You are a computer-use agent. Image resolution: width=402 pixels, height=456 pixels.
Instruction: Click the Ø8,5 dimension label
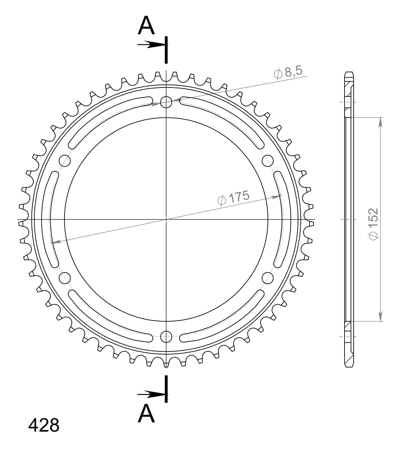(288, 73)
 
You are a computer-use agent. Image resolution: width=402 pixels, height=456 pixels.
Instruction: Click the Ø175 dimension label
(233, 198)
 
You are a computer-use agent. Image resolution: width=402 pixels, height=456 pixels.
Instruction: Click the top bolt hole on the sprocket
(166, 101)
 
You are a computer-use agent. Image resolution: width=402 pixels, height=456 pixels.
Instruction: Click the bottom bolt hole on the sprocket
(166, 336)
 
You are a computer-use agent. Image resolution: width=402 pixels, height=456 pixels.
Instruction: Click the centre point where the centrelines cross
(166, 219)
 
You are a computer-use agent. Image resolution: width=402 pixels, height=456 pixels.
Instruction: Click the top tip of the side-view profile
(349, 73)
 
